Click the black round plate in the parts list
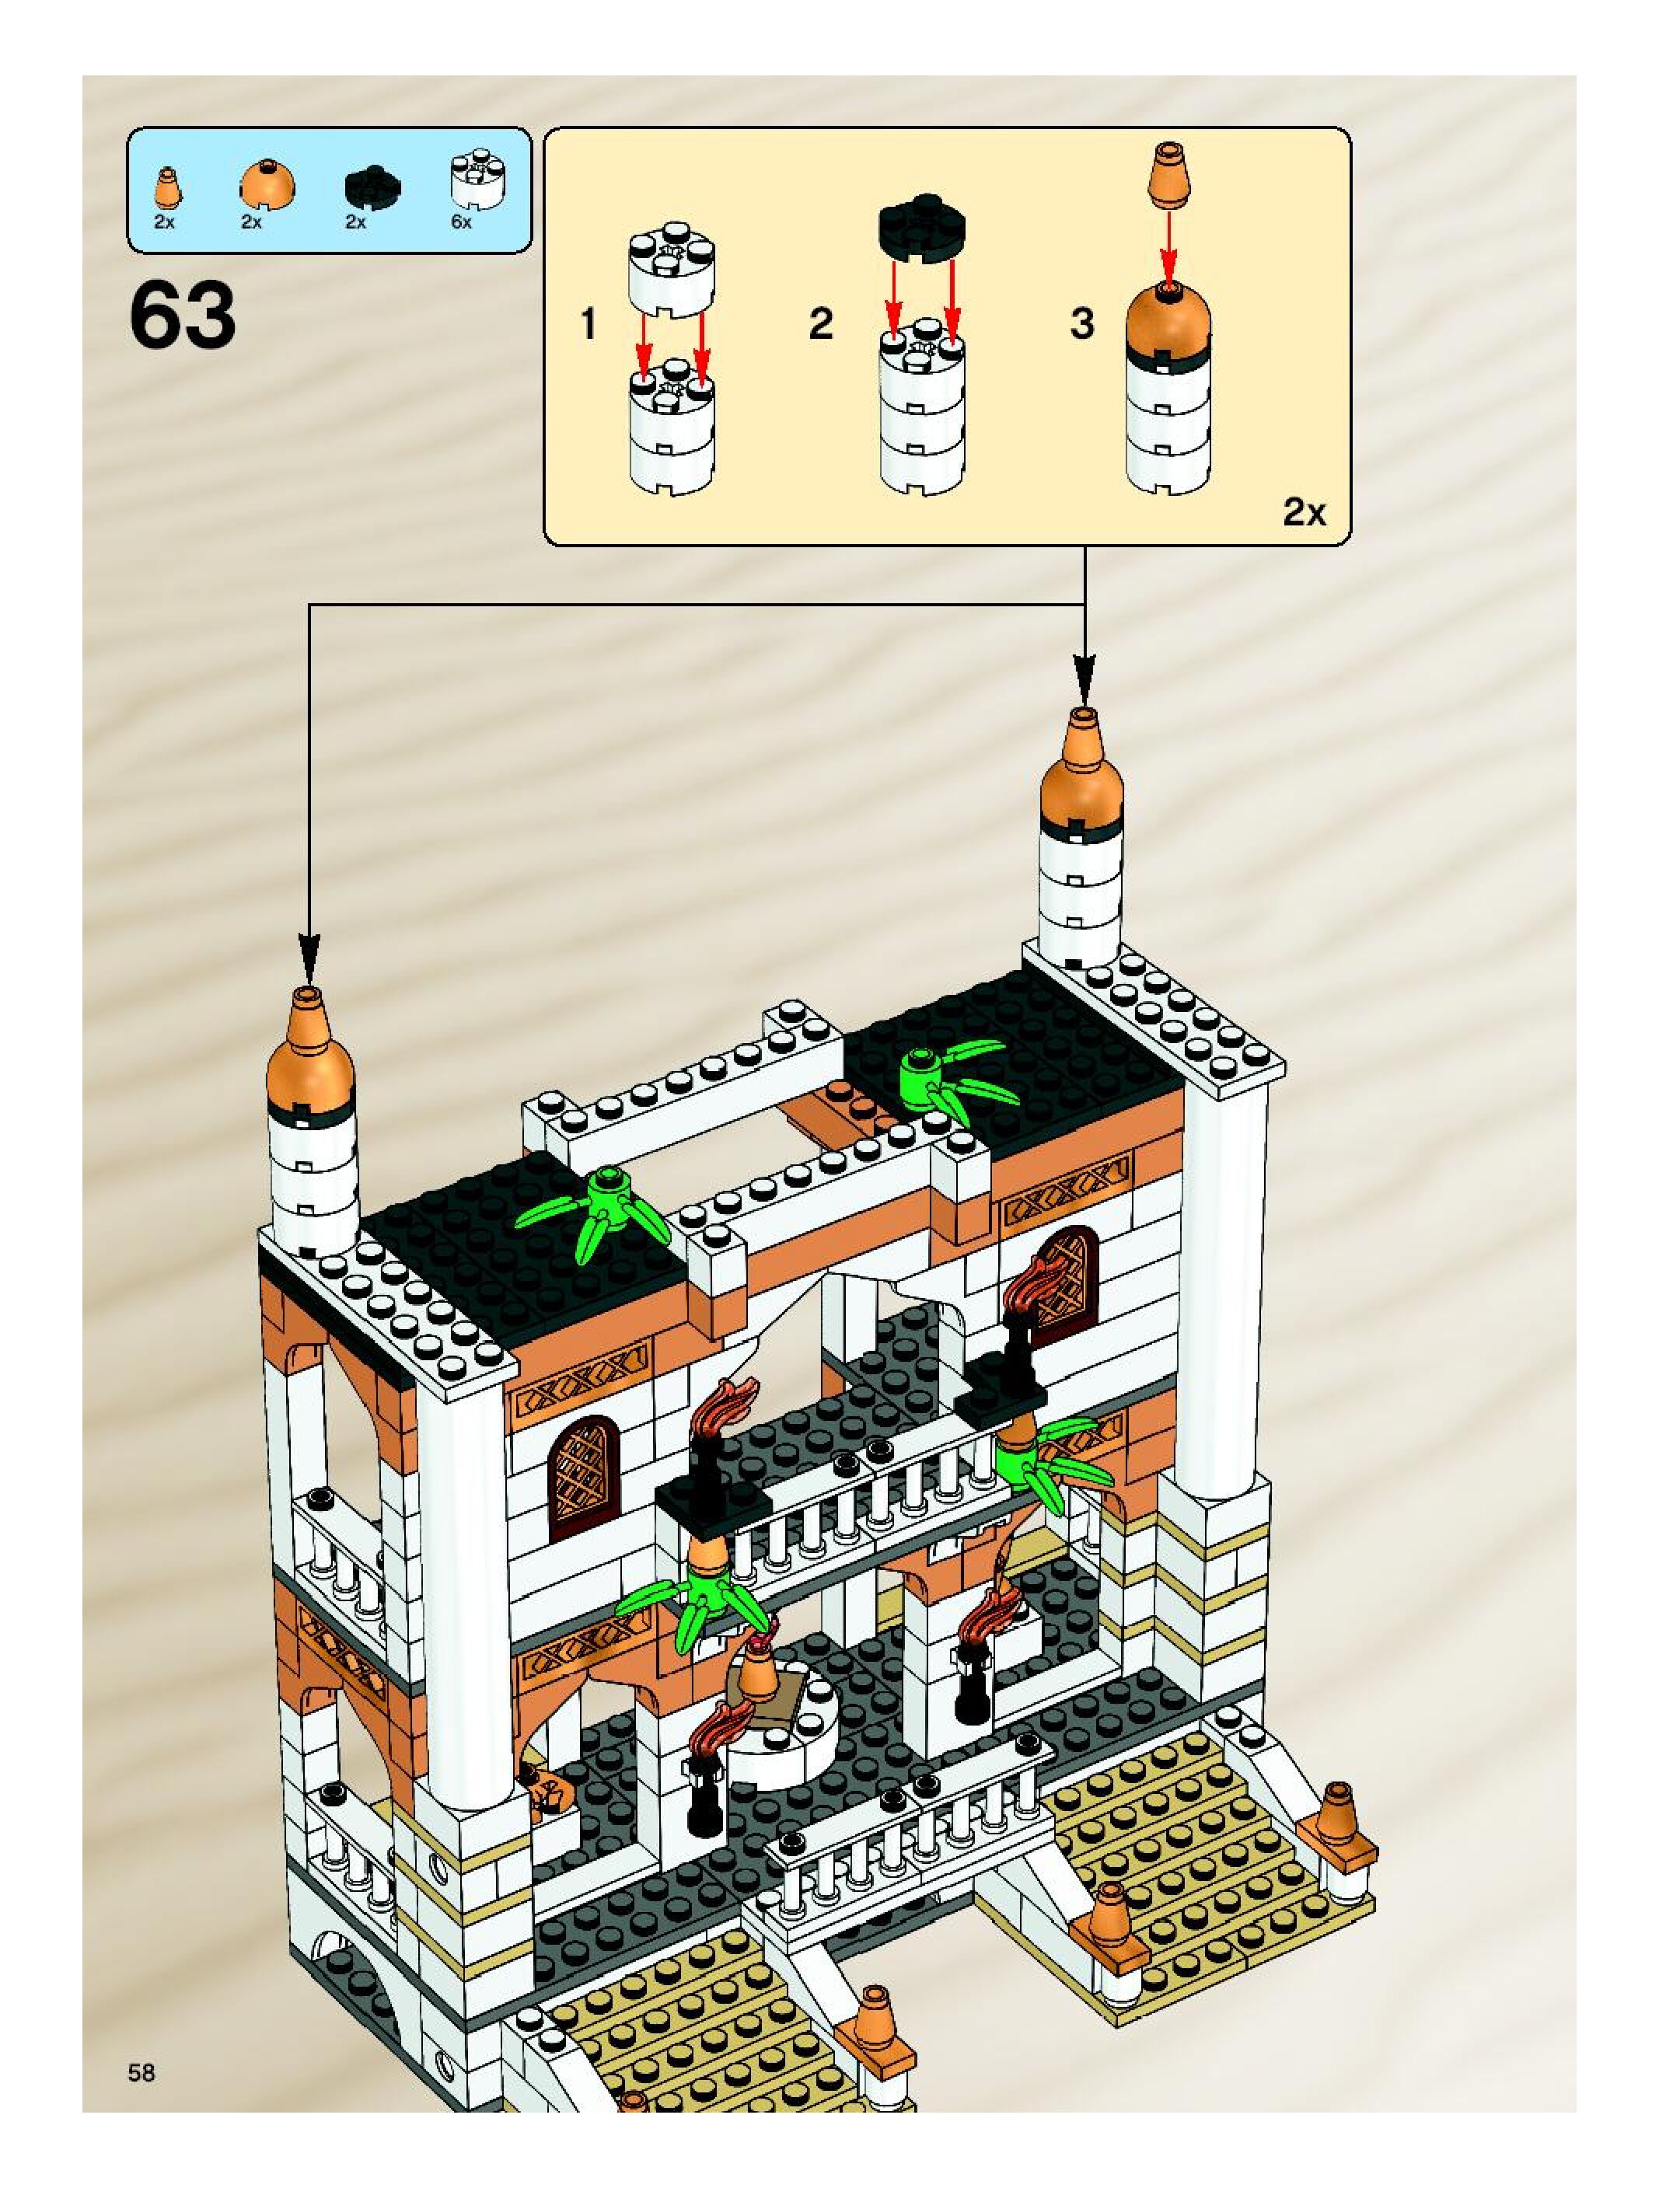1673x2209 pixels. (371, 186)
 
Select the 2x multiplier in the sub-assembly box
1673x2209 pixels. (1304, 512)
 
